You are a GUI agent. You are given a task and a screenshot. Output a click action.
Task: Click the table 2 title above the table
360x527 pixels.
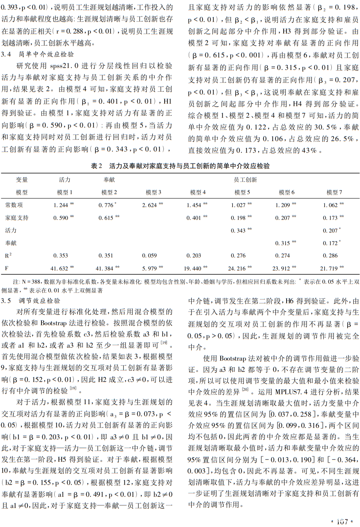pyautogui.click(x=180, y=166)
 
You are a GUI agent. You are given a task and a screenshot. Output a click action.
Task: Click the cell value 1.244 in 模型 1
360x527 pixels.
pyautogui.click(x=61, y=205)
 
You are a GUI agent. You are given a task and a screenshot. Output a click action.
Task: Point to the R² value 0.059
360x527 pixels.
pyautogui.click(x=149, y=256)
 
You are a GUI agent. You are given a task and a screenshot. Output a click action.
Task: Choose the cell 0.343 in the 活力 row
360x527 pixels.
pyautogui.click(x=238, y=230)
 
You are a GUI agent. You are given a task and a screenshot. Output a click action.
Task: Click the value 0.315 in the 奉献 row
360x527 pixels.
pyautogui.click(x=283, y=243)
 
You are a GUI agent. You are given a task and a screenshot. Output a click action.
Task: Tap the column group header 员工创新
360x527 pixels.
pyautogui.click(x=246, y=180)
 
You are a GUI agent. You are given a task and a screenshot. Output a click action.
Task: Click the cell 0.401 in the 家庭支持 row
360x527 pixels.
pyautogui.click(x=194, y=217)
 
